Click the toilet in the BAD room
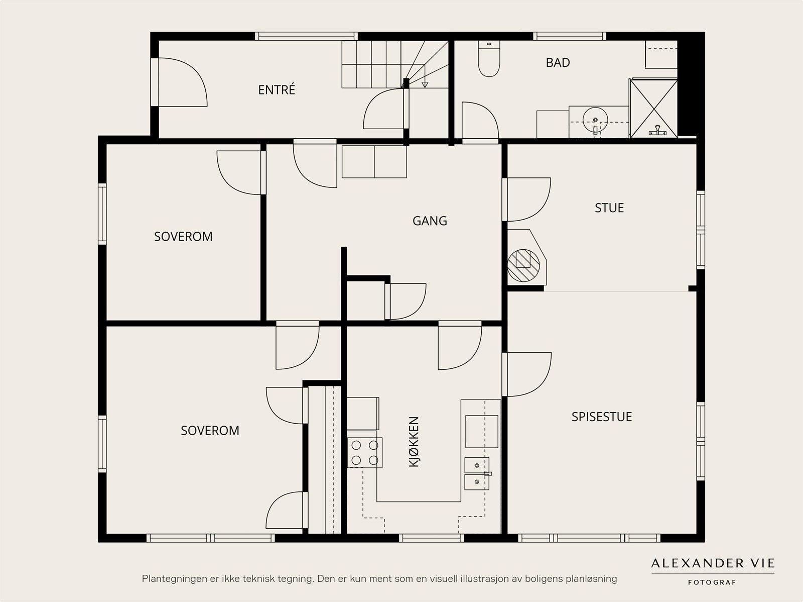[x=489, y=59]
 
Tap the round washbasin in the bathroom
[x=595, y=120]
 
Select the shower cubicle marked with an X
[x=653, y=109]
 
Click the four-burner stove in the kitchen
[x=365, y=453]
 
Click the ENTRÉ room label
[x=277, y=90]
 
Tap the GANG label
[x=430, y=221]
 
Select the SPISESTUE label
[x=602, y=417]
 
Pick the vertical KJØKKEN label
[x=414, y=442]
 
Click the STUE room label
[x=609, y=208]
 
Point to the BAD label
[x=558, y=63]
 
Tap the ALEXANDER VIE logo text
[x=713, y=563]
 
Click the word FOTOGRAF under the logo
[x=712, y=582]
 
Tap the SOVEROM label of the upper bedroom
[x=183, y=237]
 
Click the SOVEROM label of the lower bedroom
[x=210, y=430]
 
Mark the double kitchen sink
[x=477, y=473]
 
